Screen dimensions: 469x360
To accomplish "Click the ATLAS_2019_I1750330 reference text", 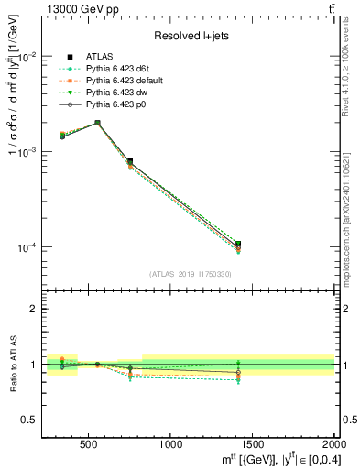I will tap(190, 274).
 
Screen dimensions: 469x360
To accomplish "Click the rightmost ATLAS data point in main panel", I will tap(238, 244).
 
